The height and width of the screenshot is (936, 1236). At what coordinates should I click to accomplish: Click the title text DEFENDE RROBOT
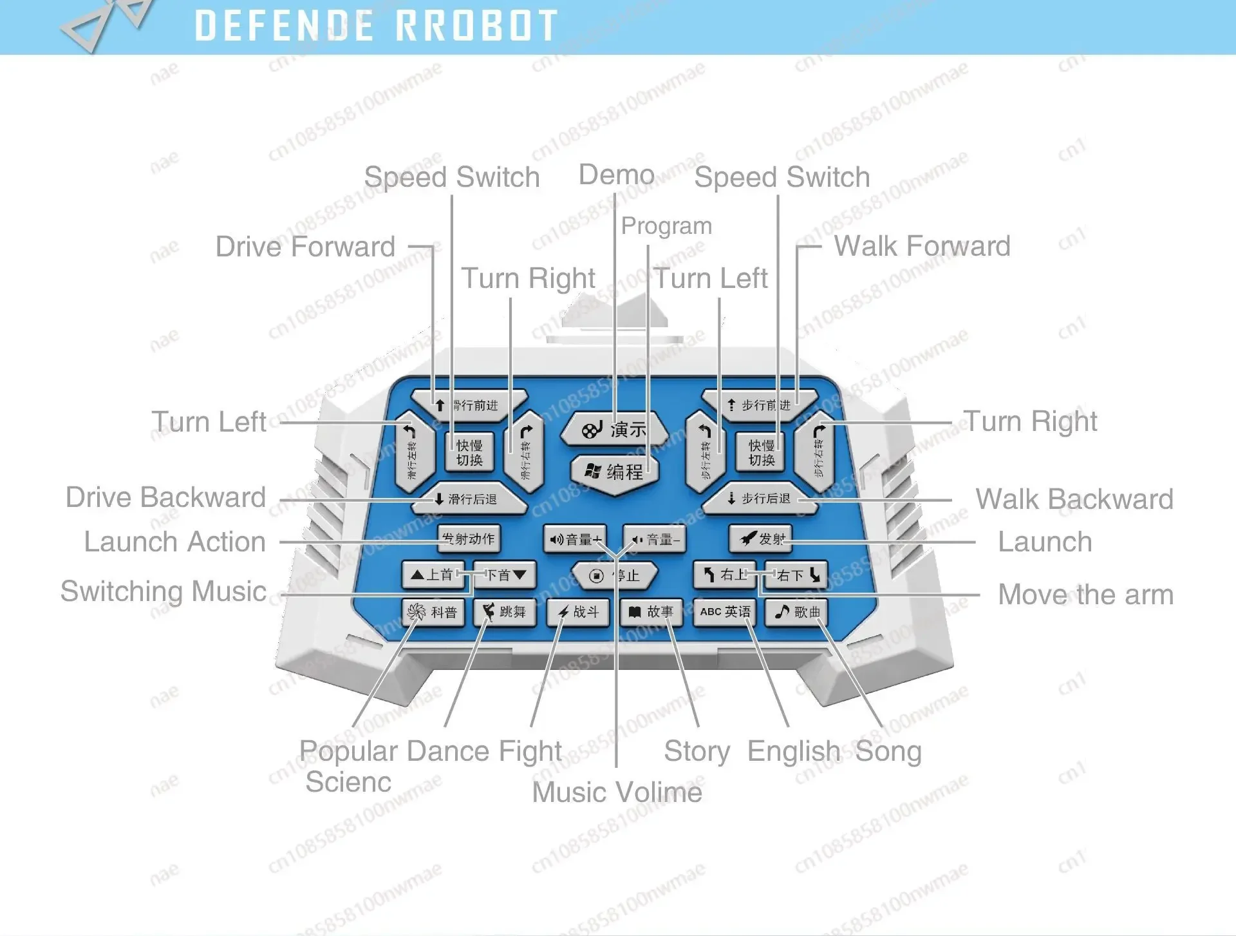tap(376, 26)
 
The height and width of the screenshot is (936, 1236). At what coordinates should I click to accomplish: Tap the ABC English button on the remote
tap(725, 612)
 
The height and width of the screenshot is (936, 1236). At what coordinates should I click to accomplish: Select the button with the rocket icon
tap(761, 539)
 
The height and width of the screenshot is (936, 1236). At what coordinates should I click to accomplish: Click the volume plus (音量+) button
tap(575, 539)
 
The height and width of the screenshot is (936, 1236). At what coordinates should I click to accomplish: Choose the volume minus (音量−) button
tap(654, 539)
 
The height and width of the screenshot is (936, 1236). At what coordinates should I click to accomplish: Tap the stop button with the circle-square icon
tap(614, 575)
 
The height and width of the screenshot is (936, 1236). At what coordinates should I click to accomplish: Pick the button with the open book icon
tap(651, 612)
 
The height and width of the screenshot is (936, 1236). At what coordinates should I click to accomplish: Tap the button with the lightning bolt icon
tap(577, 612)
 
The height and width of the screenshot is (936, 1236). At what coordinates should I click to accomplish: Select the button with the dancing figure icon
tap(504, 612)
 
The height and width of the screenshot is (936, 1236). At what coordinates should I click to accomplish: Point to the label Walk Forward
tap(922, 246)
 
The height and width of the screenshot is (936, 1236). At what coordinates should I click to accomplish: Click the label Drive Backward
tap(165, 497)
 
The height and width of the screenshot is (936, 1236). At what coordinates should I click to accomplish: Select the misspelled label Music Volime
tap(617, 792)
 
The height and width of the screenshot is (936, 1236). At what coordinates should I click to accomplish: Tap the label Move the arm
tap(1085, 595)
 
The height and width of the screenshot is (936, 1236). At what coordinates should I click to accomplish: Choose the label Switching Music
tap(164, 591)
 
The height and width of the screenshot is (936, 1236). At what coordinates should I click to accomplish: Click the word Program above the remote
tap(666, 225)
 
